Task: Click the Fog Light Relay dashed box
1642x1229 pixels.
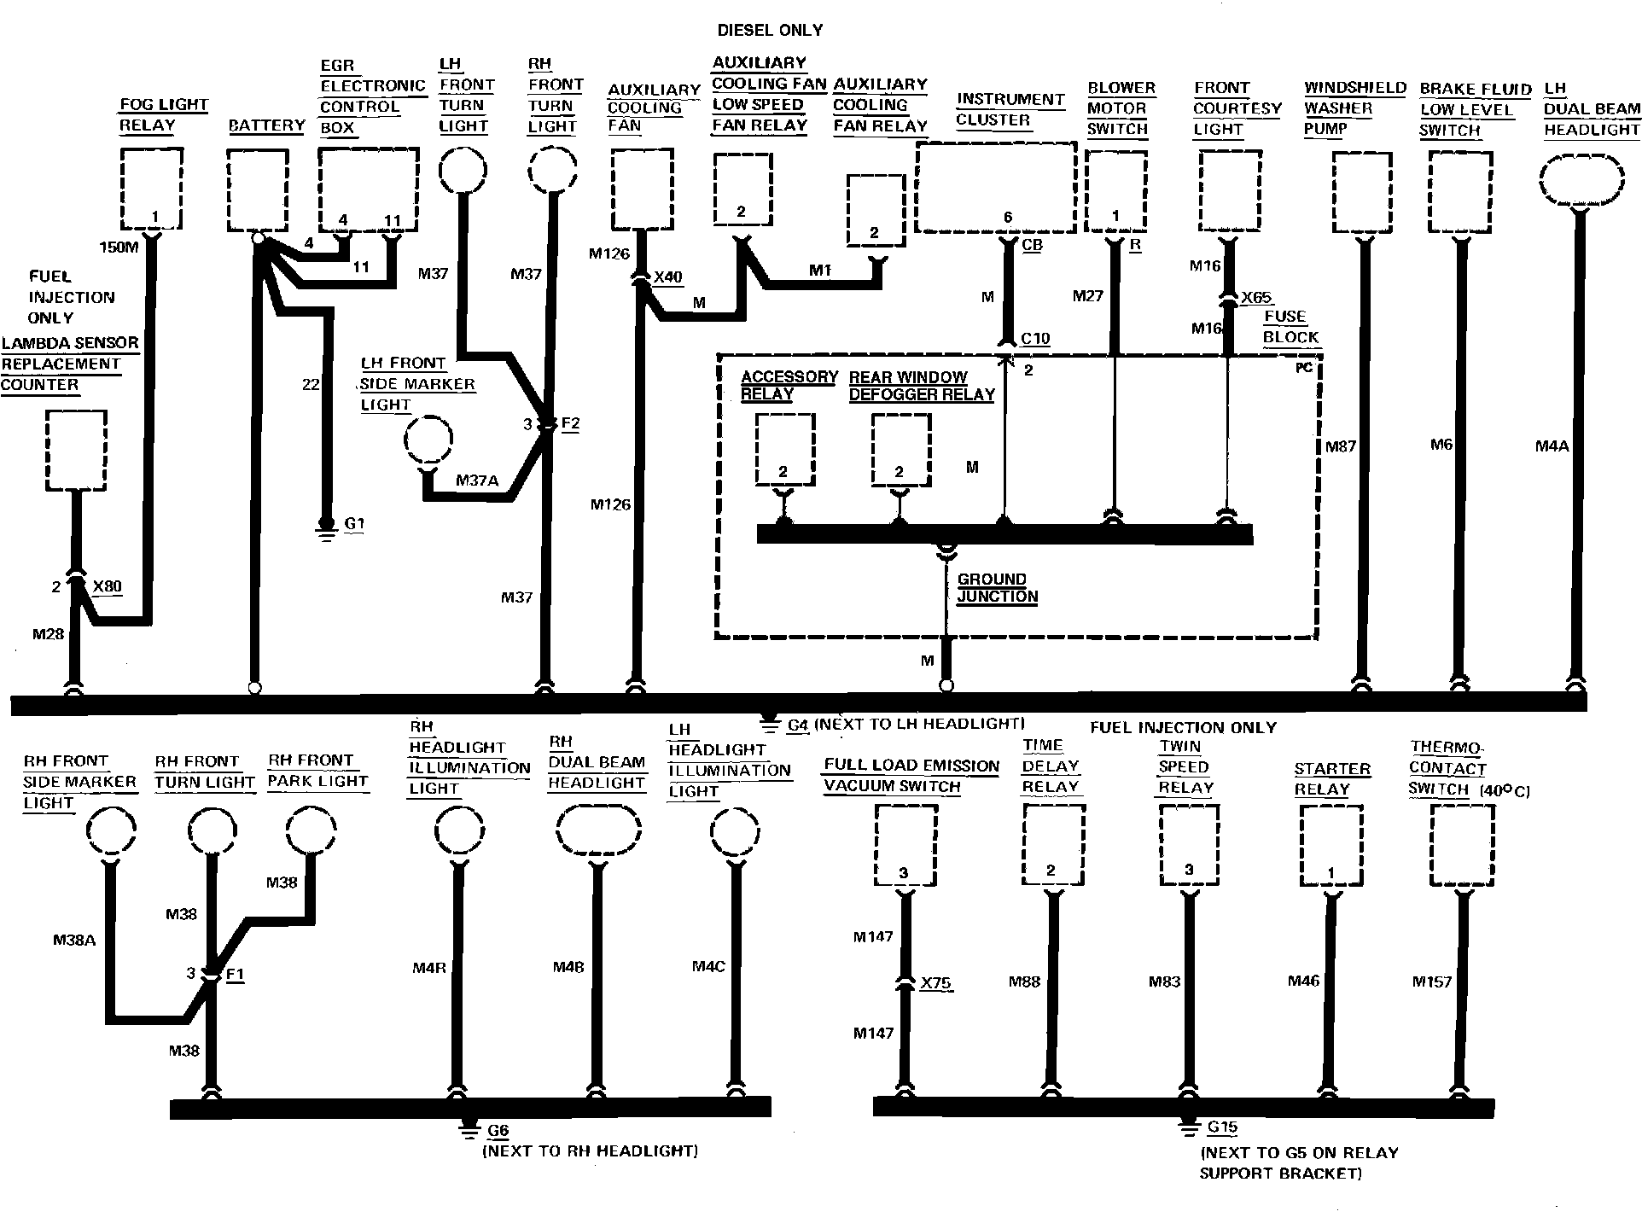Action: pyautogui.click(x=152, y=188)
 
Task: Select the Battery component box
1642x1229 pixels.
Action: pyautogui.click(x=258, y=189)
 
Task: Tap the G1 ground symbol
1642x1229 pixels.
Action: pyautogui.click(x=325, y=527)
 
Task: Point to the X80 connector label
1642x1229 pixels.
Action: pyautogui.click(x=107, y=586)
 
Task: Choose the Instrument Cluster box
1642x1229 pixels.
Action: pyautogui.click(x=995, y=188)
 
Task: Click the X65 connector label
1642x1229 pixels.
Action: pyautogui.click(x=1256, y=298)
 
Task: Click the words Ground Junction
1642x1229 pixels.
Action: pyautogui.click(x=995, y=588)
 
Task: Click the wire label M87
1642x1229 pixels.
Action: pyautogui.click(x=1340, y=446)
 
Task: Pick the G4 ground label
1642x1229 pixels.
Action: pyautogui.click(x=797, y=725)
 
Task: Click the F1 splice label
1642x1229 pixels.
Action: pyautogui.click(x=235, y=974)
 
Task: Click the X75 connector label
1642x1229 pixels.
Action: pyautogui.click(x=936, y=983)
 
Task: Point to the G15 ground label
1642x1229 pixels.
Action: pyautogui.click(x=1222, y=1127)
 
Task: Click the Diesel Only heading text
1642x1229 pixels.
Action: pyautogui.click(x=770, y=31)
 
